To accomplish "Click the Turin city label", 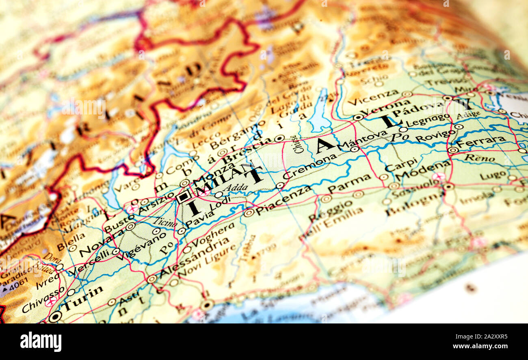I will point(83,298).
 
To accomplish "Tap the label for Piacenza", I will point(283,200).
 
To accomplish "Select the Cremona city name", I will point(310,166).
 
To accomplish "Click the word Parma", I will point(349,183).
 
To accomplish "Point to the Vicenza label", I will point(373,98).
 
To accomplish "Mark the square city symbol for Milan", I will point(184,197).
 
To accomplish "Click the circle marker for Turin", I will point(55,317).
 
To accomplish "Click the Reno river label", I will point(479,158).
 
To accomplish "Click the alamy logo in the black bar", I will point(41,341).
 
